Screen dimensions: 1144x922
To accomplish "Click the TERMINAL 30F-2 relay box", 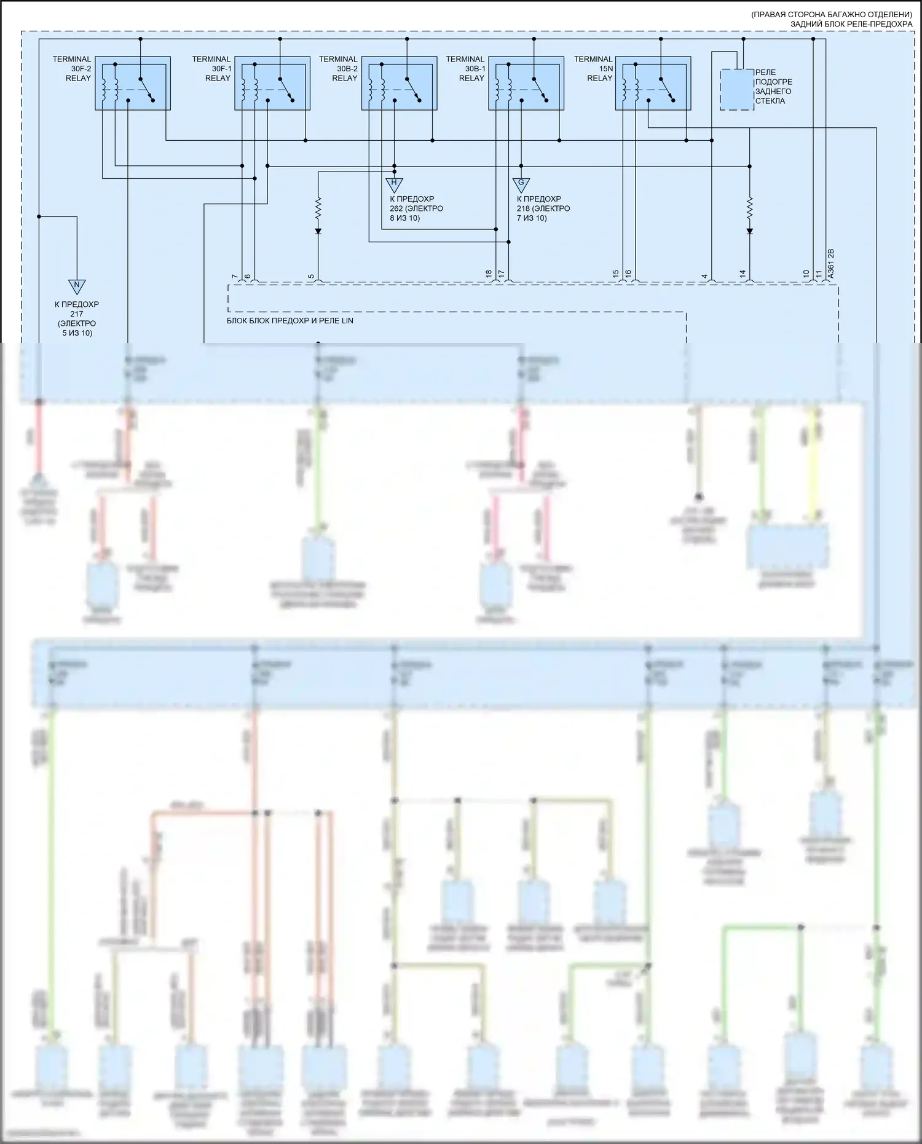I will click(133, 83).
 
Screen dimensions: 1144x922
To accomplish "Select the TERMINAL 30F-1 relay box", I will click(272, 83).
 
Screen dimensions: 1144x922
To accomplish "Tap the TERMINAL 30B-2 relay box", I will click(399, 83).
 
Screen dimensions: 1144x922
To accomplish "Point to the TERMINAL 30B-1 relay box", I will click(526, 83).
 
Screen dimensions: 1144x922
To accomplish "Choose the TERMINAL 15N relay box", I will click(653, 83).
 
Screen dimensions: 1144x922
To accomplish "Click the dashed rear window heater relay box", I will click(736, 90).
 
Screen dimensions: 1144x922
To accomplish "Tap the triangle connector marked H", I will click(394, 183).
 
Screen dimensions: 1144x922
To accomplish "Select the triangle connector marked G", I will click(521, 183).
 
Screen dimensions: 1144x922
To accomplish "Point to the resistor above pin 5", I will click(318, 208).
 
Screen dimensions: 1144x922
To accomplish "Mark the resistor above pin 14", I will click(749, 208).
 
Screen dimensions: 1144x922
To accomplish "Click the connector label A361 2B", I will click(830, 264).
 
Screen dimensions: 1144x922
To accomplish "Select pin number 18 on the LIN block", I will click(489, 274).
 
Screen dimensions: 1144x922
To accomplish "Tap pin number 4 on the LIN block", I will click(705, 277).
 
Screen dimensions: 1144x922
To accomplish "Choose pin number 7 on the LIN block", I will click(234, 277).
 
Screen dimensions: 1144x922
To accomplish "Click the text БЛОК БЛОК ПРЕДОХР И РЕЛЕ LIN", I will click(290, 320).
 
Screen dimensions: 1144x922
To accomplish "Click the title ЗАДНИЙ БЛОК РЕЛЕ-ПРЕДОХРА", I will click(851, 24).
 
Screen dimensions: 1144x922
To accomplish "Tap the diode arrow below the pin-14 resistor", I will click(749, 231).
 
